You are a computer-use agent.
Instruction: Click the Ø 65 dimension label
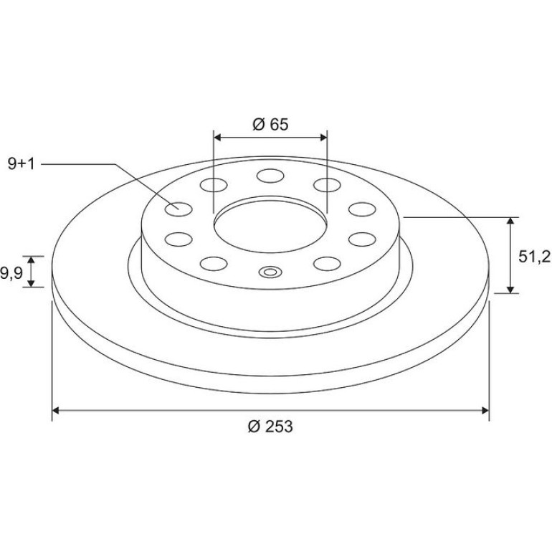click(270, 124)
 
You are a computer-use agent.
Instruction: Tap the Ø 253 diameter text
click(270, 427)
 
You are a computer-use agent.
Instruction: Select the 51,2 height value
click(534, 257)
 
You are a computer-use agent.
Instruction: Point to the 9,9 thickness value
click(11, 273)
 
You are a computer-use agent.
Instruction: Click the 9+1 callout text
click(22, 164)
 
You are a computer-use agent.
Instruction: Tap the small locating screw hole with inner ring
click(270, 272)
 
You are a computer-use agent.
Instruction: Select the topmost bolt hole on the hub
click(270, 176)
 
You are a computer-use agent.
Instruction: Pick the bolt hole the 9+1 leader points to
click(179, 209)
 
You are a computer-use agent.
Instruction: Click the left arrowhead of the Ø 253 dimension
click(56, 411)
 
